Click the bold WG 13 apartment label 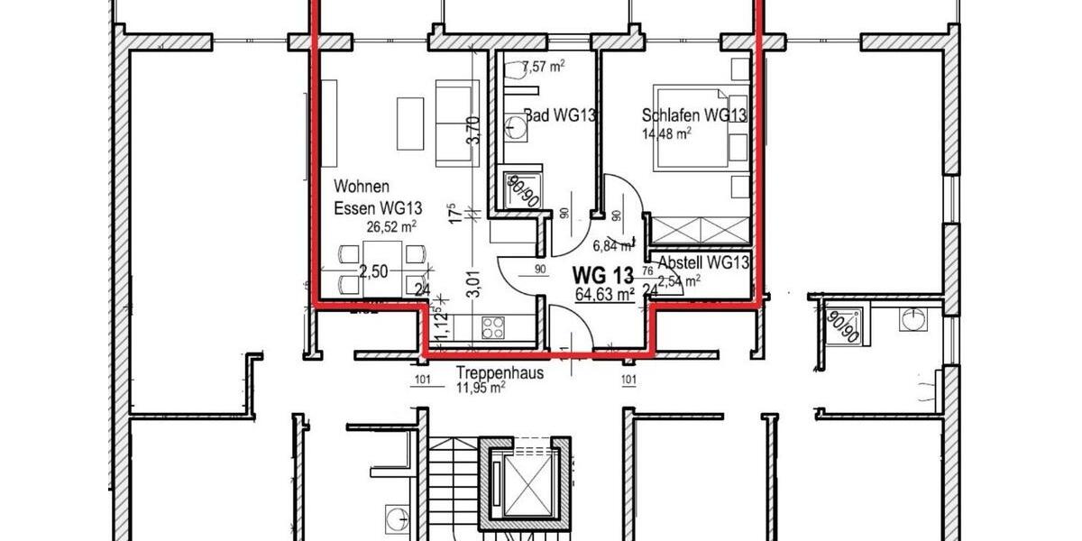tap(604, 274)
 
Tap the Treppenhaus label tap(500, 372)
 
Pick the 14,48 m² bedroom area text tap(666, 132)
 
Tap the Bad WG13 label tap(560, 115)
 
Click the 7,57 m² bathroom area tap(544, 66)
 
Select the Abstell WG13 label tap(704, 262)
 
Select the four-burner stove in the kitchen tap(493, 326)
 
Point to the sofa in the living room tap(455, 123)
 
